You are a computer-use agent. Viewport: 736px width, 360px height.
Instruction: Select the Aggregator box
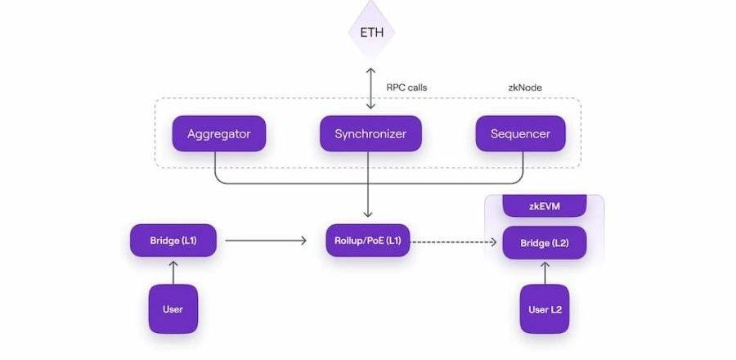click(x=218, y=133)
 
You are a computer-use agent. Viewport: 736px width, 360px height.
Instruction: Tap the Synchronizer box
click(x=370, y=133)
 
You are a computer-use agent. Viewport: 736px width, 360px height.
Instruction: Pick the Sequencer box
click(x=520, y=133)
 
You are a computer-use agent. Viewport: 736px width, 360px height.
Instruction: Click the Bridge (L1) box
click(x=173, y=241)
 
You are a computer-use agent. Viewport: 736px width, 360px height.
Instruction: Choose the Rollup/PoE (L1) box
click(x=368, y=241)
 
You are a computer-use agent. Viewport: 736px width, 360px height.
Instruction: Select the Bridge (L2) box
click(x=544, y=243)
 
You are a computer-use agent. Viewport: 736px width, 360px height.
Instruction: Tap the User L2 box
click(x=544, y=309)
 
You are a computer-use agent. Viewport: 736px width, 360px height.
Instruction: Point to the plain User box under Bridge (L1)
click(x=173, y=309)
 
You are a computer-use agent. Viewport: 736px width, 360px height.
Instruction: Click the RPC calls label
click(x=406, y=88)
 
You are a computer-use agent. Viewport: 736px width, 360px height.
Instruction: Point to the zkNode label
click(x=525, y=88)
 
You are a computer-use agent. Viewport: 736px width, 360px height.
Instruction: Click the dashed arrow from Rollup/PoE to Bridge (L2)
click(x=455, y=241)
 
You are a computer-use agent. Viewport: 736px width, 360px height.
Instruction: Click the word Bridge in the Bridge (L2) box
click(x=532, y=243)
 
